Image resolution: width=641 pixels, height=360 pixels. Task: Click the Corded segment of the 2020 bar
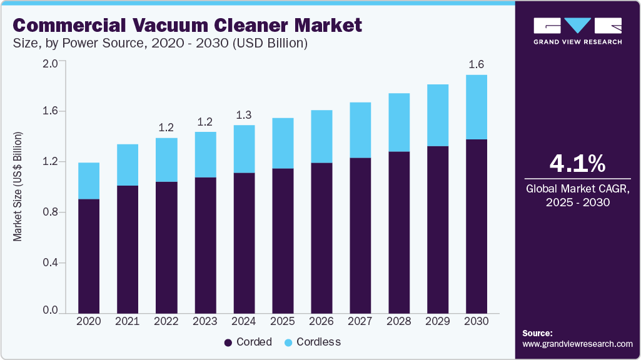click(x=89, y=256)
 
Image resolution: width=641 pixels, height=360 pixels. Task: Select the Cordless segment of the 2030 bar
click(x=477, y=107)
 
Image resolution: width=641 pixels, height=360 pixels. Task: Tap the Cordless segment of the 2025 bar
click(x=283, y=143)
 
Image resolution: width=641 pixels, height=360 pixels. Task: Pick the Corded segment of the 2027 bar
click(x=360, y=235)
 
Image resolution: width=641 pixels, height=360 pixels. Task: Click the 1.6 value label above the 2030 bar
click(x=477, y=64)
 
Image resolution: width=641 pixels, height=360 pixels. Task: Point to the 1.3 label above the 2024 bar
click(x=244, y=115)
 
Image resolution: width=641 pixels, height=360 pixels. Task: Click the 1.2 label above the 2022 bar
click(x=166, y=127)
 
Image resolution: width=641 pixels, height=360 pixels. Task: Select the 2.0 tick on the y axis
click(x=50, y=63)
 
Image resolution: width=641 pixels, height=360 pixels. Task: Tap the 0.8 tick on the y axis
click(x=50, y=212)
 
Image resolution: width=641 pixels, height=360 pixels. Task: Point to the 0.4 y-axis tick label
click(x=50, y=262)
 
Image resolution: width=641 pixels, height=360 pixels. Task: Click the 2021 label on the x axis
click(x=128, y=321)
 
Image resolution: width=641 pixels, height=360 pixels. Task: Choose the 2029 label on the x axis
click(x=438, y=321)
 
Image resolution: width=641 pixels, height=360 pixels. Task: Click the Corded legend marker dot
click(x=228, y=342)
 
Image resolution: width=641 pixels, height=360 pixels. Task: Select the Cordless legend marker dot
click(x=288, y=342)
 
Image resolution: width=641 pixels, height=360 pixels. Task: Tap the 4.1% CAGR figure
click(x=577, y=164)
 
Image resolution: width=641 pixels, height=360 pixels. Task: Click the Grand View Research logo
click(x=577, y=31)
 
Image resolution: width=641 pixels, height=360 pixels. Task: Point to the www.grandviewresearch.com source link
click(x=577, y=344)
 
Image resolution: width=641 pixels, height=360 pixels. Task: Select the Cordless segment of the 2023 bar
click(x=205, y=154)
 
